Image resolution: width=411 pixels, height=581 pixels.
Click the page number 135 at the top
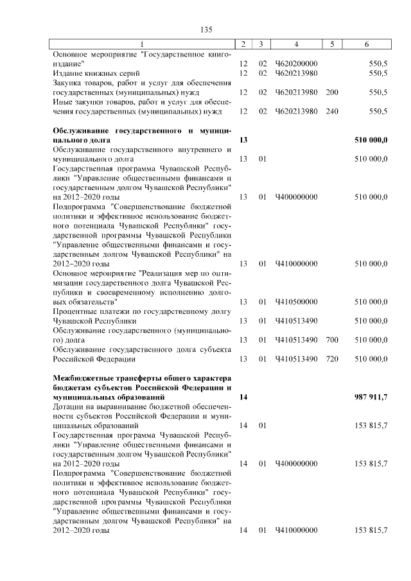206,30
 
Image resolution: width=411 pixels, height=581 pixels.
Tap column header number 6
366,44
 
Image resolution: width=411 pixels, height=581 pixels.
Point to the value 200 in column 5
332,92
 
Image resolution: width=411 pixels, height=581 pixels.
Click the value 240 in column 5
332,111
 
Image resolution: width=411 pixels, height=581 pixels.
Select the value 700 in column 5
332,340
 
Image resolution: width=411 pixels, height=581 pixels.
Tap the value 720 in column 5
332,359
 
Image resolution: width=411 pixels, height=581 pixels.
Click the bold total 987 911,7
371,397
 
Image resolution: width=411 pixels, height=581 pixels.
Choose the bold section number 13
243,139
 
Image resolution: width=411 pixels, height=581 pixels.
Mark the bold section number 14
243,397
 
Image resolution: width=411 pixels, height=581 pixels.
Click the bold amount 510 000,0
371,139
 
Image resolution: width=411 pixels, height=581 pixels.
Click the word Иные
62,101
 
